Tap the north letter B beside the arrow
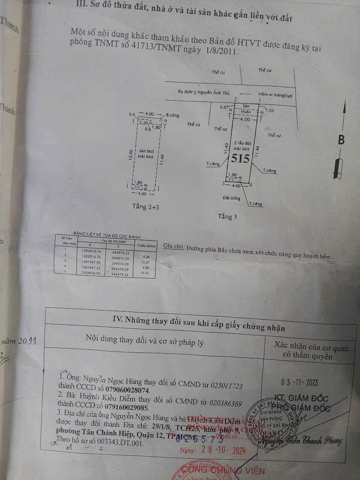point(341,140)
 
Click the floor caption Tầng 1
point(228,217)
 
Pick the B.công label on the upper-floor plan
point(172,115)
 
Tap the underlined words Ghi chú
point(173,246)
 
